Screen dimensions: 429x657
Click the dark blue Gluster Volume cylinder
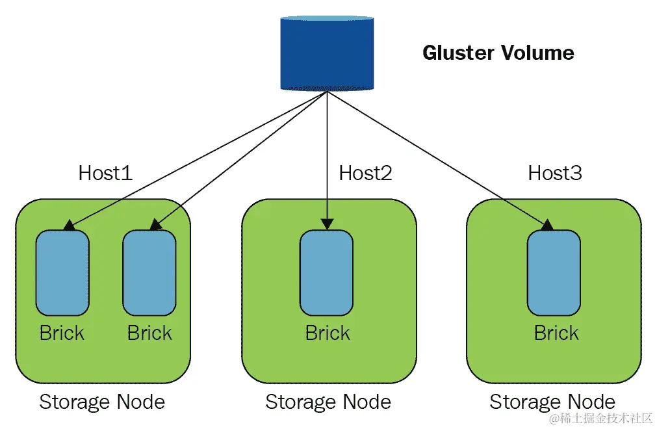[327, 53]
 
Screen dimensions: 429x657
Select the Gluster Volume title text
[498, 53]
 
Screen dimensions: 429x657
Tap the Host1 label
[105, 173]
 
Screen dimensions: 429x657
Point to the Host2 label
[365, 173]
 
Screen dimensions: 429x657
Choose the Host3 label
[554, 173]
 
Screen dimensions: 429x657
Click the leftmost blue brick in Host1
[62, 273]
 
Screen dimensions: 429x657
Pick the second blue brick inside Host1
[149, 273]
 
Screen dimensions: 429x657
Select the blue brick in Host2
[326, 273]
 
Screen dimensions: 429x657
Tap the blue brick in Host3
[554, 273]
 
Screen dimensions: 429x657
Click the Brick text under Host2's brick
[328, 333]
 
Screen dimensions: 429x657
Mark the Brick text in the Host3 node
[556, 333]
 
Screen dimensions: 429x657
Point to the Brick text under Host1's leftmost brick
[62, 333]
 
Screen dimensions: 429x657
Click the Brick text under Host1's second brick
[149, 333]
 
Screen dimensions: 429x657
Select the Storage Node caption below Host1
[102, 402]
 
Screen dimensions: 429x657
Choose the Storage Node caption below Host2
[328, 402]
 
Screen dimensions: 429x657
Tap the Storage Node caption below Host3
[552, 402]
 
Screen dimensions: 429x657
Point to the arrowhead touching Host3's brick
[547, 225]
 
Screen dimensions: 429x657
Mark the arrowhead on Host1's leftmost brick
[67, 226]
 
